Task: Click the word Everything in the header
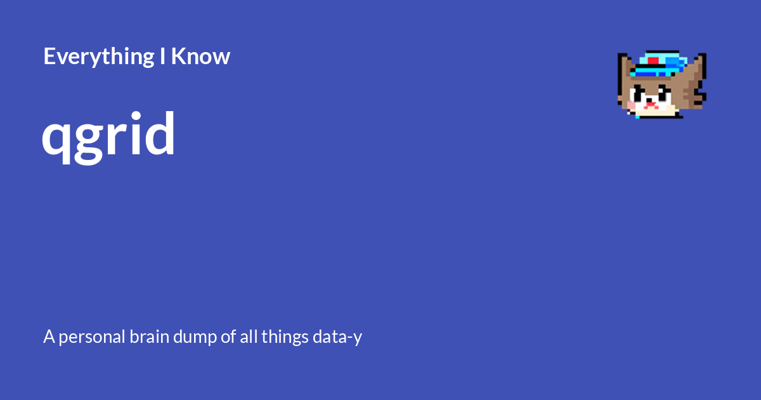(x=99, y=57)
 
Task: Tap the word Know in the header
(x=201, y=56)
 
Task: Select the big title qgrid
(x=108, y=137)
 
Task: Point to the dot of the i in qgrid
(x=136, y=116)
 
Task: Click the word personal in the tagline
(x=92, y=337)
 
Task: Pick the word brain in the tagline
(x=149, y=337)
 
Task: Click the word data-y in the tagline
(x=337, y=337)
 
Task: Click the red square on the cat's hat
(x=653, y=61)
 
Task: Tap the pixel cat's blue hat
(x=658, y=64)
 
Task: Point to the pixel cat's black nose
(x=649, y=100)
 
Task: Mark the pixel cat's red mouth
(x=650, y=105)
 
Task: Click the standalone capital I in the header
(x=162, y=56)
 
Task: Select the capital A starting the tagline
(x=49, y=337)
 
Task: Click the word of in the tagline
(x=228, y=337)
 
